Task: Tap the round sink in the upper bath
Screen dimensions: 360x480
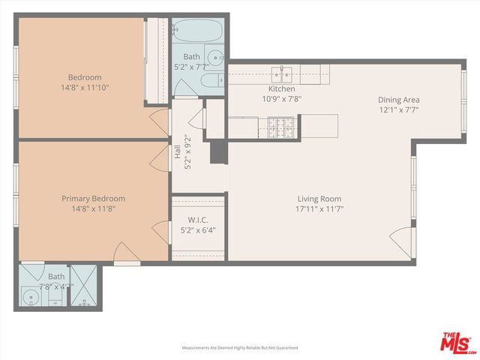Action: (x=216, y=56)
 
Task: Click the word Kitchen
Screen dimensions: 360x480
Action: (x=281, y=89)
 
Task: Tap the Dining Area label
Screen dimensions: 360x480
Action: (x=398, y=100)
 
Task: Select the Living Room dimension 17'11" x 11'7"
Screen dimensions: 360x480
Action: (x=319, y=208)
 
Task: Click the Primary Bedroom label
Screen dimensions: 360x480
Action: (x=93, y=199)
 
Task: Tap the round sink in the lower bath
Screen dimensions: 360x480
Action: (x=31, y=298)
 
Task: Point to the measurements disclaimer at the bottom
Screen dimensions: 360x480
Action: (x=240, y=348)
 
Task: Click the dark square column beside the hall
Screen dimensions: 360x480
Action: (x=218, y=151)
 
